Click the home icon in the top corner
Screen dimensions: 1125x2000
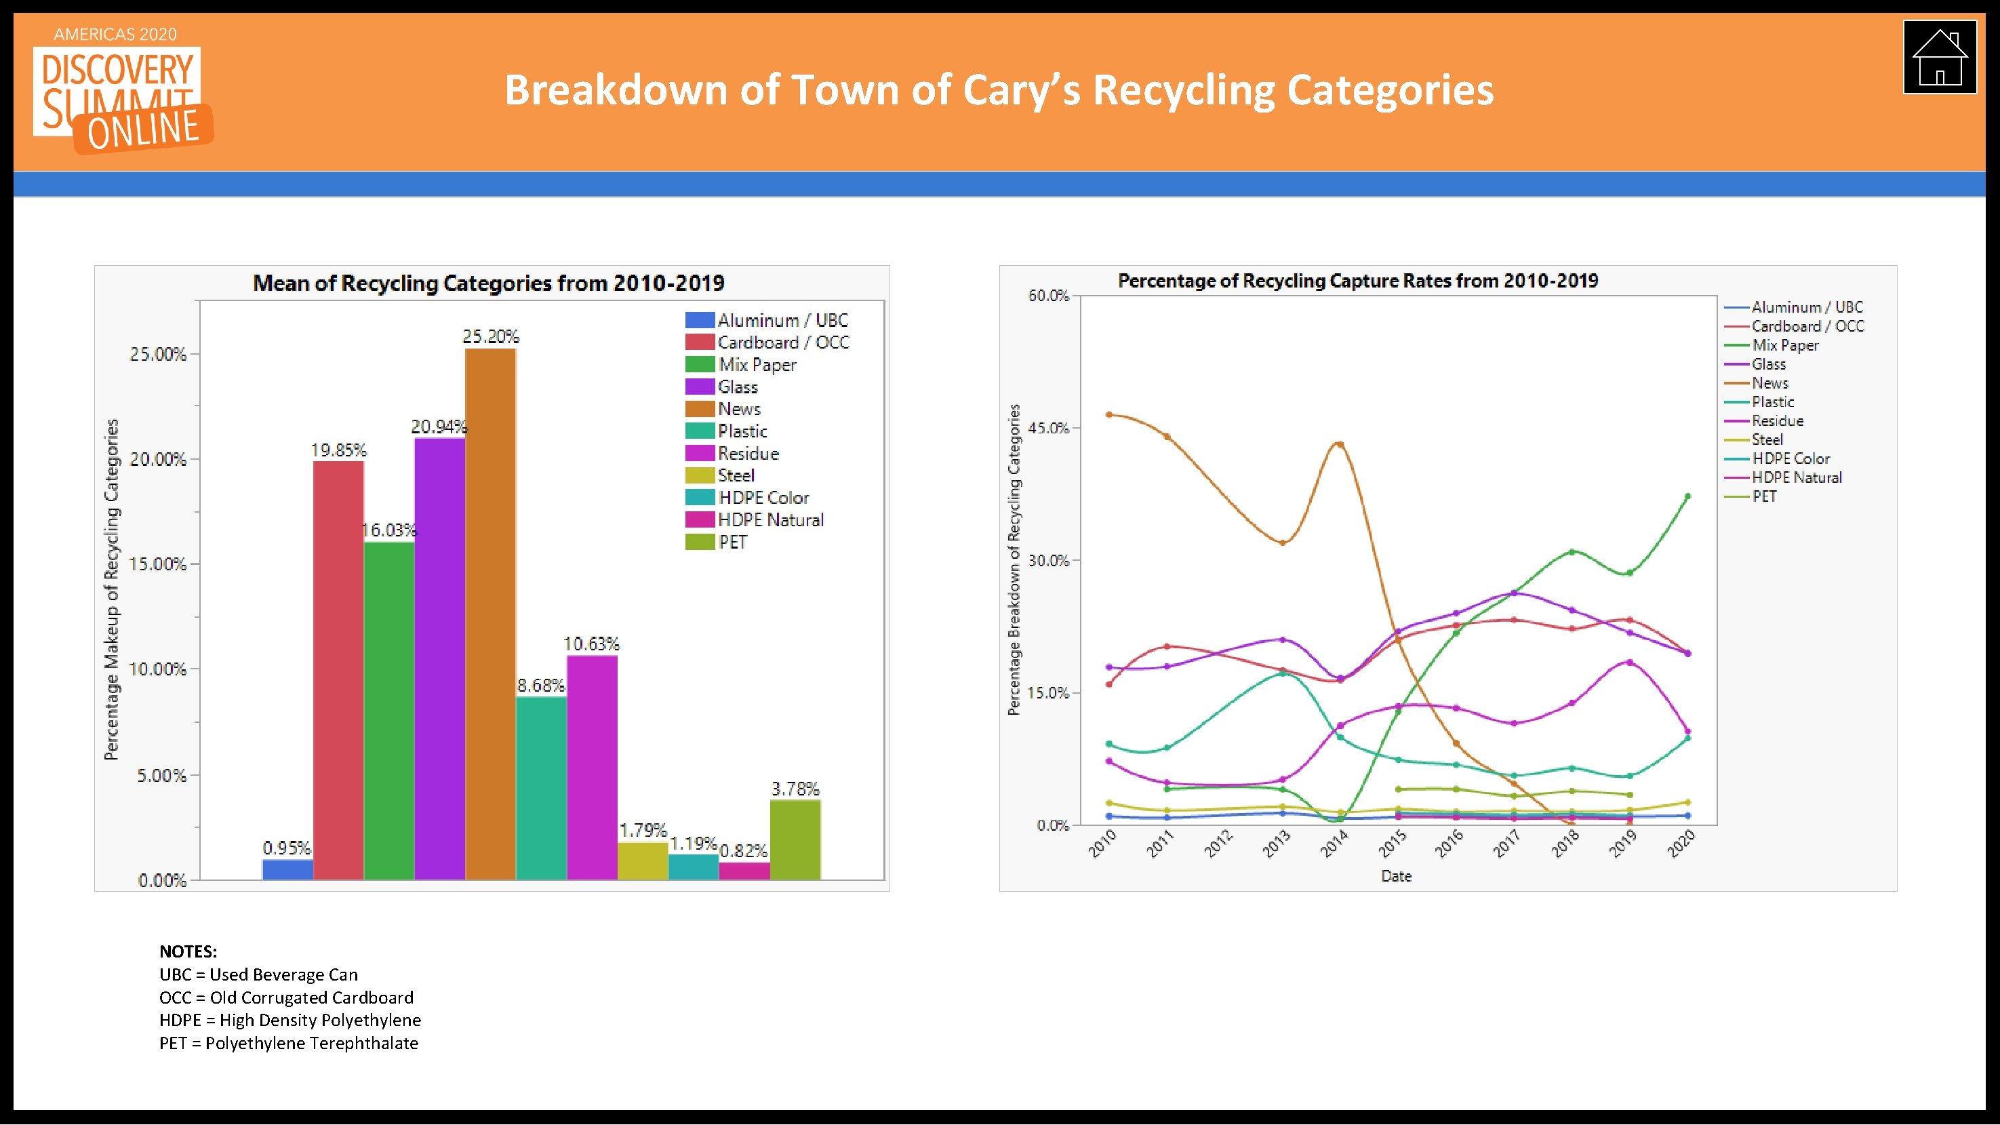tap(1939, 58)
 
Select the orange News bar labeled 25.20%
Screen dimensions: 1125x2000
tap(490, 613)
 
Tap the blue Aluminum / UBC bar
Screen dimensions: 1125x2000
tap(287, 869)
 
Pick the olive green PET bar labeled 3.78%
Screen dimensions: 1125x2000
tap(795, 840)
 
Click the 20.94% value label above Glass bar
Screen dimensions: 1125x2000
tap(439, 427)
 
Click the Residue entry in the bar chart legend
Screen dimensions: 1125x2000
tap(748, 454)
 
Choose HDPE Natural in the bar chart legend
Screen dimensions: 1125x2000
tap(769, 520)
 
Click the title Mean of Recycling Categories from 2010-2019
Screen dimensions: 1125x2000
tap(488, 283)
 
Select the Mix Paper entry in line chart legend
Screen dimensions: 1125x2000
tap(1785, 345)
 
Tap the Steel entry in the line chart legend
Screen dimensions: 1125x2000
tap(1766, 439)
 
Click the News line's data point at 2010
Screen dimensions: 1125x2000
tap(1108, 414)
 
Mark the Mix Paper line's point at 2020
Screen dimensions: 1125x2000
tap(1687, 496)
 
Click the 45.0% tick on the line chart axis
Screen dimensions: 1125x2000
tap(1048, 428)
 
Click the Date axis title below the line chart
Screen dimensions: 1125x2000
tap(1396, 875)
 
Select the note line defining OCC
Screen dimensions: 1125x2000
tap(285, 998)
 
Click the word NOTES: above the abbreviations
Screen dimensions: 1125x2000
tap(188, 951)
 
